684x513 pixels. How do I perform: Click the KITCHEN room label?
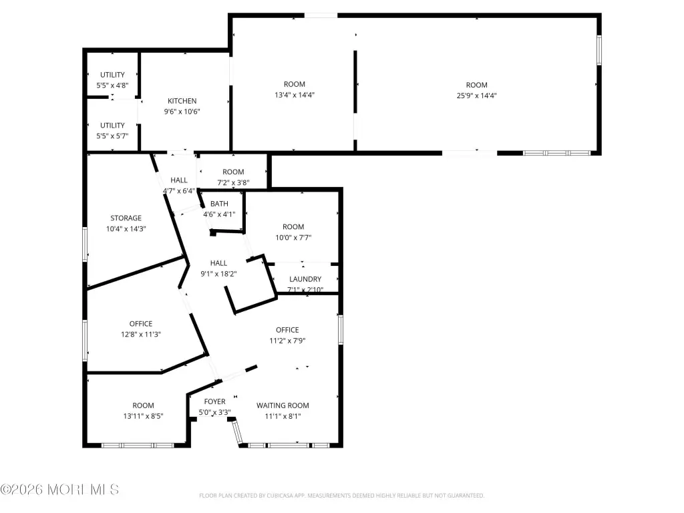pyautogui.click(x=182, y=101)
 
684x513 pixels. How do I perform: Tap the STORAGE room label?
pyautogui.click(x=126, y=218)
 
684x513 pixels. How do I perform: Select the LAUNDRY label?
pyautogui.click(x=305, y=279)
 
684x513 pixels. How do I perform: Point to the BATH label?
pyautogui.click(x=219, y=204)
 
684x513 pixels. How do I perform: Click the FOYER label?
pyautogui.click(x=214, y=401)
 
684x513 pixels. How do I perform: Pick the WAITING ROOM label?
pyautogui.click(x=283, y=405)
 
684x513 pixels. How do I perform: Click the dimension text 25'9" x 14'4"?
pyautogui.click(x=476, y=96)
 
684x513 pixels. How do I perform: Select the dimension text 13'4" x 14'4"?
pyautogui.click(x=295, y=95)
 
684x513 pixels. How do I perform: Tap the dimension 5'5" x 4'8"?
pyautogui.click(x=112, y=85)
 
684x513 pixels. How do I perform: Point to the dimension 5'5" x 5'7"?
pyautogui.click(x=112, y=136)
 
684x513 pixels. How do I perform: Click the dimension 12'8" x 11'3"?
pyautogui.click(x=141, y=335)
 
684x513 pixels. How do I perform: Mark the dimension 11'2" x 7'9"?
pyautogui.click(x=287, y=341)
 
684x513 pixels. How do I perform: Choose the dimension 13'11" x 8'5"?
pyautogui.click(x=143, y=416)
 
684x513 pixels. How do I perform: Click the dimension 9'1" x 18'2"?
pyautogui.click(x=218, y=274)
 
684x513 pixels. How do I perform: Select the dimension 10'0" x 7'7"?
pyautogui.click(x=293, y=238)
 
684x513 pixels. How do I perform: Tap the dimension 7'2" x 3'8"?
pyautogui.click(x=233, y=183)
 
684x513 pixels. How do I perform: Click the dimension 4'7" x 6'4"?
pyautogui.click(x=179, y=191)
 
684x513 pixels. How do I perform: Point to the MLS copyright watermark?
pyautogui.click(x=59, y=490)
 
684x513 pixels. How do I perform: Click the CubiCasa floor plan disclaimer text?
pyautogui.click(x=341, y=496)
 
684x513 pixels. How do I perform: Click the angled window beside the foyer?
pyautogui.click(x=236, y=432)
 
